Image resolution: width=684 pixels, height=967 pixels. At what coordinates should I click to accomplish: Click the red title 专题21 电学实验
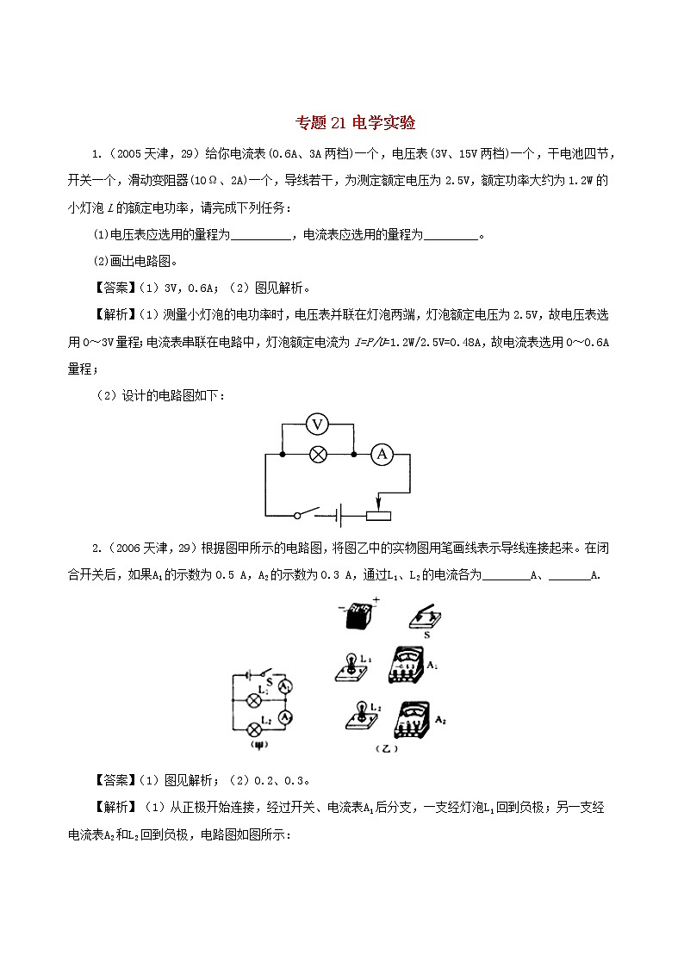[x=343, y=123]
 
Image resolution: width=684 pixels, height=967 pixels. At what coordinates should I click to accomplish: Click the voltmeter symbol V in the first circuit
[x=319, y=424]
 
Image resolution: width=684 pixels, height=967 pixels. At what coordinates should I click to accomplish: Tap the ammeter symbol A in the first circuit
[x=382, y=456]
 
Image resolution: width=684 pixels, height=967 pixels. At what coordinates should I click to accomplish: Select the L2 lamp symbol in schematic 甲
[x=255, y=724]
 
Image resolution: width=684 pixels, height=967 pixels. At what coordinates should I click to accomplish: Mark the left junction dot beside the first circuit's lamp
[x=283, y=456]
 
